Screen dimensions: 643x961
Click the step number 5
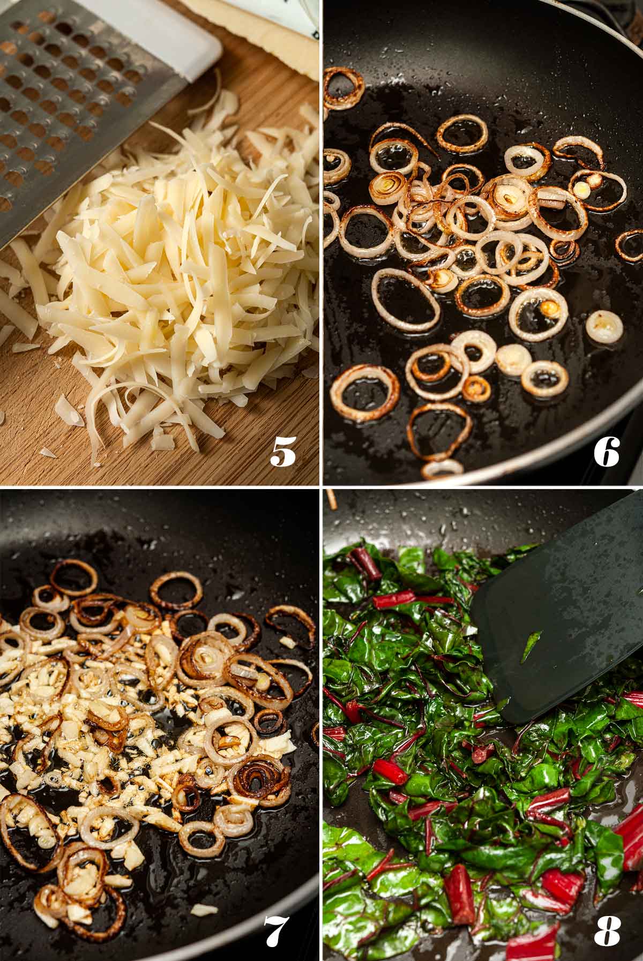(x=283, y=452)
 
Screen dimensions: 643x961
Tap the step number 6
(x=607, y=452)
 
